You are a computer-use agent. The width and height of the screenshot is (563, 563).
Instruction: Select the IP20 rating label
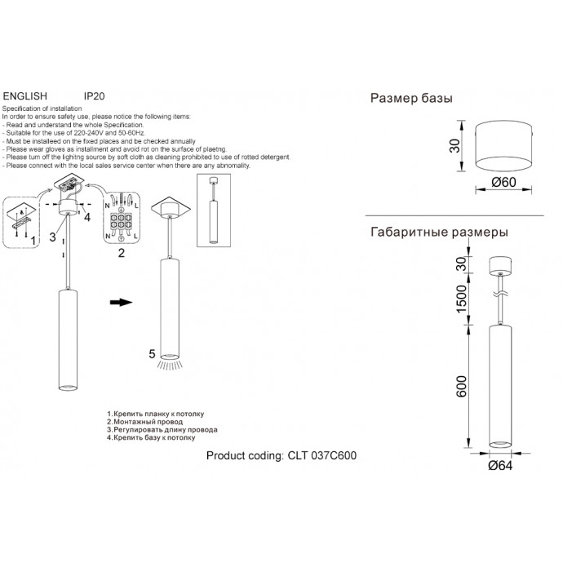click(94, 95)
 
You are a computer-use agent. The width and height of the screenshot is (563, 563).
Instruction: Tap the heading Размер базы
click(412, 99)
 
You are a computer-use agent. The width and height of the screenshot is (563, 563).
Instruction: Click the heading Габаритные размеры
click(440, 232)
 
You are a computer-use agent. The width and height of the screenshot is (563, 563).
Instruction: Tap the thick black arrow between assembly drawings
click(121, 302)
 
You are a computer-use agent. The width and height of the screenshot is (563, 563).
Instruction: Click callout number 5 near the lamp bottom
click(151, 354)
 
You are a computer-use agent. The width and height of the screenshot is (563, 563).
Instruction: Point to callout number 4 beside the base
click(87, 216)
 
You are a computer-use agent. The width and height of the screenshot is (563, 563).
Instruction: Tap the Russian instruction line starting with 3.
click(162, 429)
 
